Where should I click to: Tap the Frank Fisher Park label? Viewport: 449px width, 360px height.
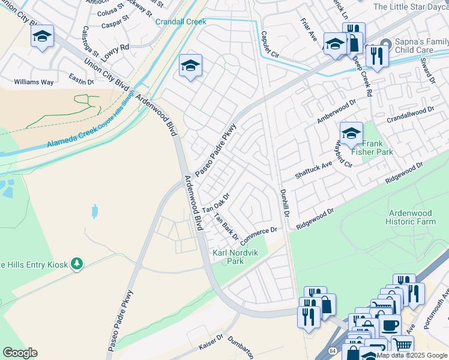[x=376, y=148]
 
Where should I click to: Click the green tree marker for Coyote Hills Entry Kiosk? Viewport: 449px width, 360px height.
[x=76, y=263]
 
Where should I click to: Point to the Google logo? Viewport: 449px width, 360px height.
[x=20, y=353]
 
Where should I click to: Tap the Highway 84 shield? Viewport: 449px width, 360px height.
[x=333, y=350]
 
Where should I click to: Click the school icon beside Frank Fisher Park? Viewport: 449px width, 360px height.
[x=351, y=132]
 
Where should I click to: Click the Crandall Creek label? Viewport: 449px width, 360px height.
[x=181, y=22]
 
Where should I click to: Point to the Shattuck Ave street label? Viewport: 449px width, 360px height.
[x=313, y=169]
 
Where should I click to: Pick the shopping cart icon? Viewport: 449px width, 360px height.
[x=403, y=345]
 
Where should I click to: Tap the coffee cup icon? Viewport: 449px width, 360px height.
[x=390, y=325]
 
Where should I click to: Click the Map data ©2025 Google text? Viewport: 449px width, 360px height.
[x=412, y=355]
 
